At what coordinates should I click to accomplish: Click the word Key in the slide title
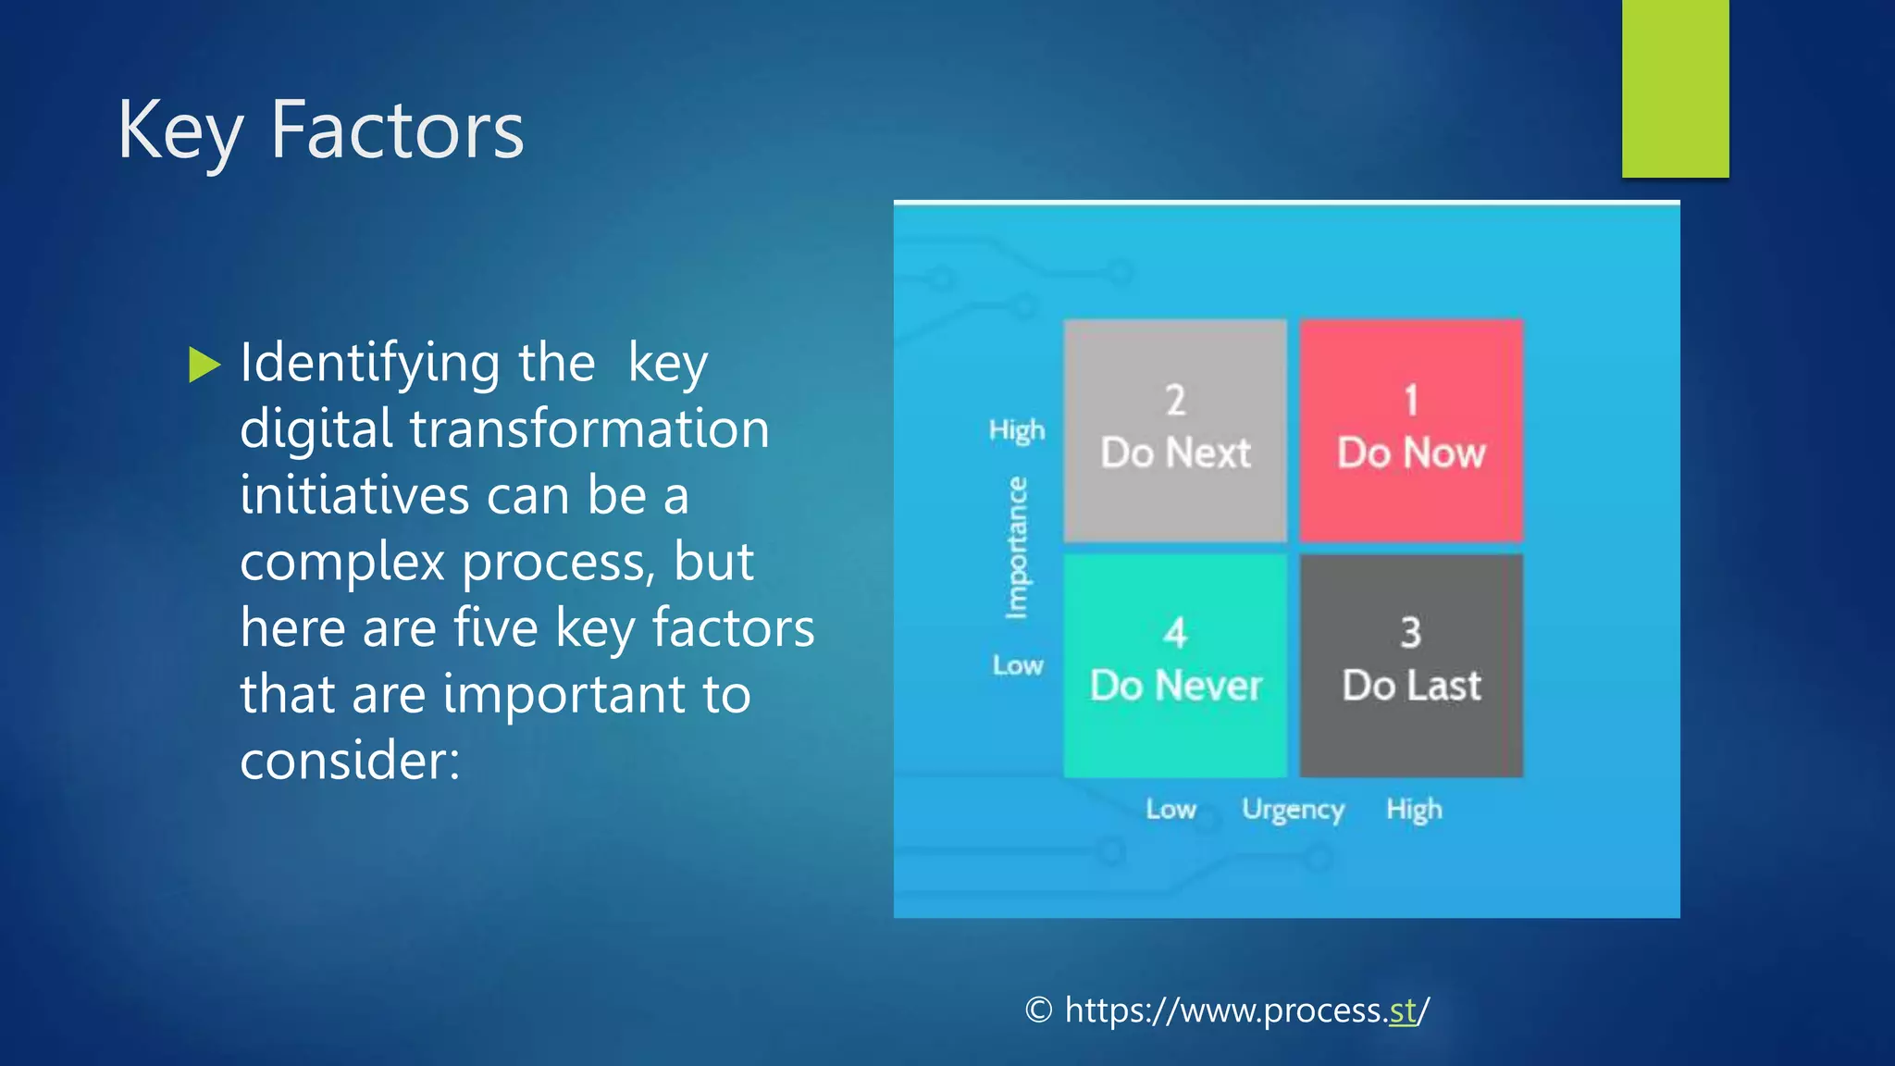180,131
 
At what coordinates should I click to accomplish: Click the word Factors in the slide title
397,131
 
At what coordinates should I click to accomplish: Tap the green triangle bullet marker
204,365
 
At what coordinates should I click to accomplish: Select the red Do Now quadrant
1411,430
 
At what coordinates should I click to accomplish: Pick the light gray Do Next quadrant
1175,430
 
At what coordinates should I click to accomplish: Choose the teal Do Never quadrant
1175,665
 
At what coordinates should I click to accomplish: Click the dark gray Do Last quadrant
1411,665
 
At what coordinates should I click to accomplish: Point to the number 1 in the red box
1411,401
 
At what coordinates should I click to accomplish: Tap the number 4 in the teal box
1175,634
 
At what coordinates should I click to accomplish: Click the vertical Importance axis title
1017,548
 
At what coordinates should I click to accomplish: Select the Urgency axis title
1293,810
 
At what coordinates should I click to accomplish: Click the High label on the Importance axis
1017,430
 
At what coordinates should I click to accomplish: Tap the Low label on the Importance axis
1018,665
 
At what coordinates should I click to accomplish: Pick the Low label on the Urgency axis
1170,810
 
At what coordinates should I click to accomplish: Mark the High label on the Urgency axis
1414,810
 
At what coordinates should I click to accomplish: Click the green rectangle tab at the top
1675,88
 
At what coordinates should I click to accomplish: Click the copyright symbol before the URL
1039,1010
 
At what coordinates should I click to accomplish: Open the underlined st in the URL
1403,1010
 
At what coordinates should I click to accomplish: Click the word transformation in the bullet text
589,429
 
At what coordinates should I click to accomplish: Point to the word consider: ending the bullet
350,761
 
